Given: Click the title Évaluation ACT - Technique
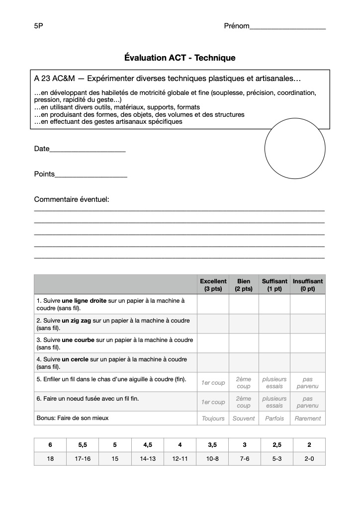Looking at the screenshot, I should pyautogui.click(x=180, y=58).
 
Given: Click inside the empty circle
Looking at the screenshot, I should pyautogui.click(x=294, y=149).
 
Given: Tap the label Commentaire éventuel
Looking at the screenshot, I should pyautogui.click(x=72, y=199).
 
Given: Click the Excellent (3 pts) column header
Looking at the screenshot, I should pyautogui.click(x=213, y=285).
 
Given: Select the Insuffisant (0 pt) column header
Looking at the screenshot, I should pyautogui.click(x=307, y=285).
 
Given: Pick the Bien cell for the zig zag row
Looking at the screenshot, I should pyautogui.click(x=244, y=324).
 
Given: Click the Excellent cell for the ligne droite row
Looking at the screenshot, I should pyautogui.click(x=213, y=304).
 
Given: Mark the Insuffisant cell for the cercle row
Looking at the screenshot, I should pyautogui.click(x=307, y=363).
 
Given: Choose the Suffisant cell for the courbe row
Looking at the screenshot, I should pyautogui.click(x=274, y=343).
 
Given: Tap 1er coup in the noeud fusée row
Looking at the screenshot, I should pyautogui.click(x=213, y=402).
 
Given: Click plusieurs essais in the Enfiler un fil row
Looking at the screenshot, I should pyautogui.click(x=274, y=383).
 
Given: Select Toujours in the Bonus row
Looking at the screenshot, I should pyautogui.click(x=213, y=419).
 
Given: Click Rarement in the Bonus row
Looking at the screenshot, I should pyautogui.click(x=307, y=419).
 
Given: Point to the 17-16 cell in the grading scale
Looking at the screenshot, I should pyautogui.click(x=83, y=459).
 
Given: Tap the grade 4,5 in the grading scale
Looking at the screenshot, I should pyautogui.click(x=148, y=445).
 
